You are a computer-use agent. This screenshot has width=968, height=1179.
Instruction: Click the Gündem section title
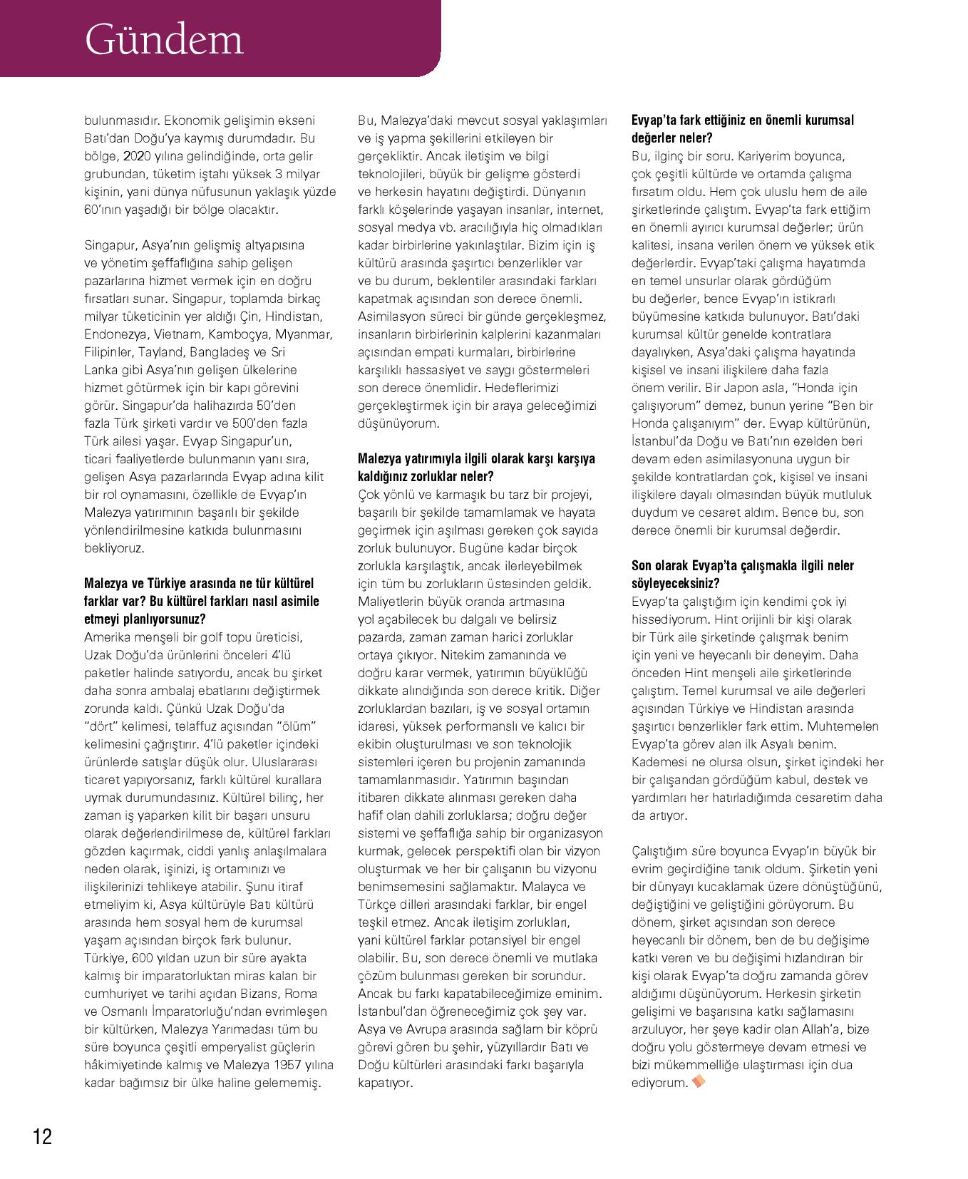pos(164,40)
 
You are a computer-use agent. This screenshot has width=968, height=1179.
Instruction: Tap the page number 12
pos(42,1136)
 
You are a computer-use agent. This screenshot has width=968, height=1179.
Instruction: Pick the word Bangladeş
pos(222,352)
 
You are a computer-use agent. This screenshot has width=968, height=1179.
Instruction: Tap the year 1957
pos(271,1065)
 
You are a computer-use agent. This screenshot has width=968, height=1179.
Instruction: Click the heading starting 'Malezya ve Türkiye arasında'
pos(201,601)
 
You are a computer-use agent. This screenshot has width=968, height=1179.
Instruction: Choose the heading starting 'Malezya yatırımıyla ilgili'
pos(475,468)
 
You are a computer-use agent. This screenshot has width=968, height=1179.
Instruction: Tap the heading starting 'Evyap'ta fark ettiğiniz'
pos(742,129)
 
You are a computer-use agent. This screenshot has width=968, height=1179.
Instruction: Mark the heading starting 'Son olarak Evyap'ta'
pos(742,575)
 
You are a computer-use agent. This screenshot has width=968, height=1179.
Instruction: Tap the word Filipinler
pos(109,352)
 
